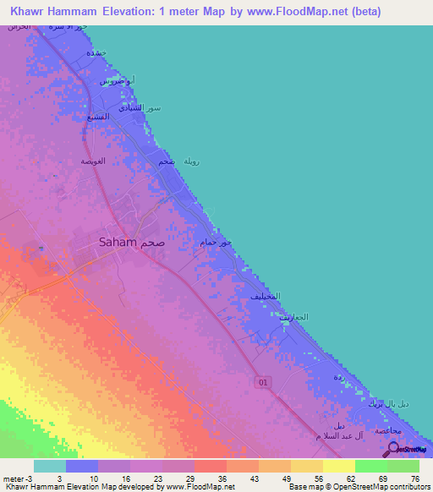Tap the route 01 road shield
point(262,383)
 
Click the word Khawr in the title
point(31,12)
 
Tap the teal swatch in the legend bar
point(50,466)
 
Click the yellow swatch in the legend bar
point(339,466)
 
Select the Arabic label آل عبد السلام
point(320,435)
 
